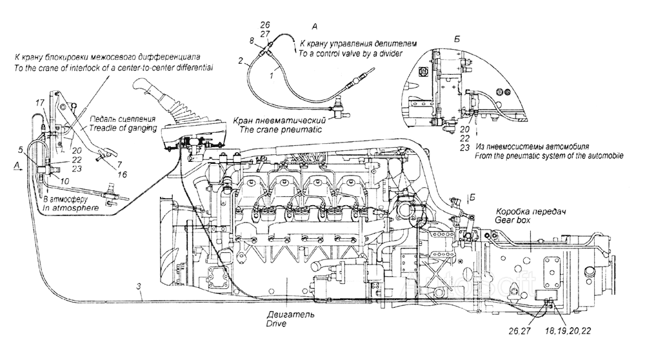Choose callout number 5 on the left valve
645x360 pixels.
click(21, 150)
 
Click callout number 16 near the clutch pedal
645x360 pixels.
click(122, 175)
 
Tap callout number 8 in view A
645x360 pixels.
click(252, 41)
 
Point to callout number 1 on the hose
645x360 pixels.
click(272, 75)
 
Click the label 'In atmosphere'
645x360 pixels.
click(71, 208)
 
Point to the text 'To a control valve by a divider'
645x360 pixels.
click(350, 54)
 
